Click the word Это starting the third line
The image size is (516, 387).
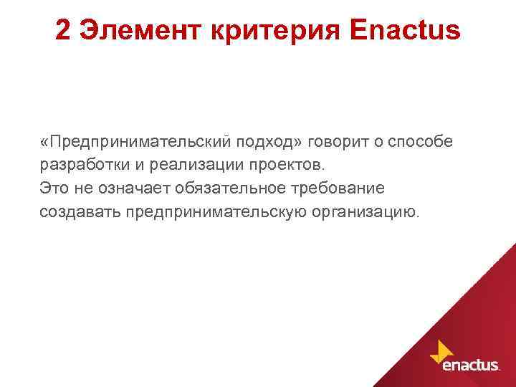pos(55,188)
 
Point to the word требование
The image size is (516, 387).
pos(339,188)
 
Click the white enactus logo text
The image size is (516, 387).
pos(472,365)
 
